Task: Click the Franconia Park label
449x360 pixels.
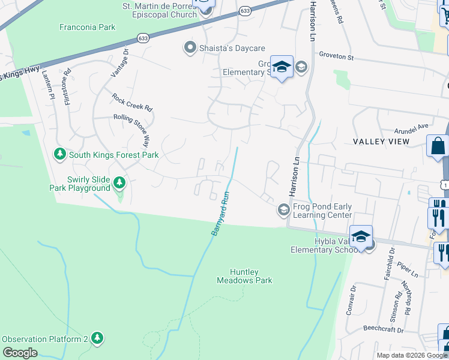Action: click(x=87, y=27)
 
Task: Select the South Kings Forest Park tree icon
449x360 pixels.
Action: click(x=59, y=155)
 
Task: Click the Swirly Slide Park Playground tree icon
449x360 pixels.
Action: click(x=119, y=182)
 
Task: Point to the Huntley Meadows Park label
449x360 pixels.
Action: click(x=244, y=276)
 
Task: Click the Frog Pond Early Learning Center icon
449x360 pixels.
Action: click(x=283, y=210)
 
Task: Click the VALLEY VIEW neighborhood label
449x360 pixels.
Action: click(x=381, y=142)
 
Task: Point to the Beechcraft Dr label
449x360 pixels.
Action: click(x=384, y=329)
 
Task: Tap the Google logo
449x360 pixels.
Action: click(x=20, y=353)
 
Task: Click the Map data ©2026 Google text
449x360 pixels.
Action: click(x=412, y=355)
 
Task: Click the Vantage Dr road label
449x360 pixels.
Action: click(x=119, y=63)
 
